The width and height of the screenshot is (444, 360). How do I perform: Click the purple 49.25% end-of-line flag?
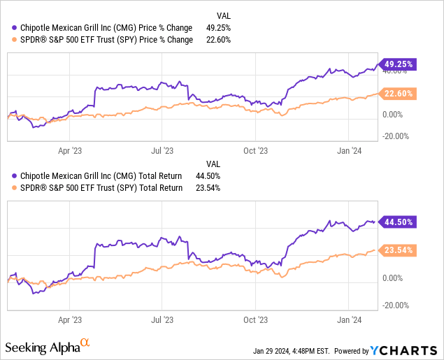(398, 64)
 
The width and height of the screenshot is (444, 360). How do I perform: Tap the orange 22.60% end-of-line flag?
(398, 94)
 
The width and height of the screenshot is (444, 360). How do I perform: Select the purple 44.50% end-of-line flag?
(398, 222)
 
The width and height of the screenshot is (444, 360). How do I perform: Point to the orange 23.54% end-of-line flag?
(398, 250)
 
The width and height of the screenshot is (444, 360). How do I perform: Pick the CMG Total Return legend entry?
(98, 175)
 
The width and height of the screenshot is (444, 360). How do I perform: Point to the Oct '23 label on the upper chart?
(255, 150)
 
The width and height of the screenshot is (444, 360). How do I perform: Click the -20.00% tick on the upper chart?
(396, 136)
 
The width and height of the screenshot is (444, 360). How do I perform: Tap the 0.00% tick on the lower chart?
(394, 278)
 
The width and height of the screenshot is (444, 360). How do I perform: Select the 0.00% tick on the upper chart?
(394, 114)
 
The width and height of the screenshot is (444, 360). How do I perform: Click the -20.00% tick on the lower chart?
(396, 305)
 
